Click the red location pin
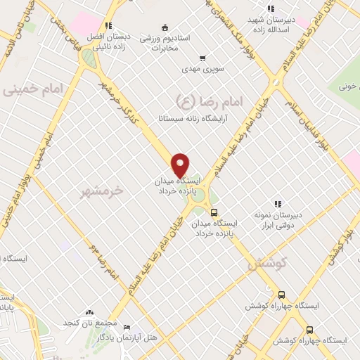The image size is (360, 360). [x=181, y=164]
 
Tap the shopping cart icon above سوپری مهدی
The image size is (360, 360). [x=202, y=58]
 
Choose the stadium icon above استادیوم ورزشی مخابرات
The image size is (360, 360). [x=165, y=28]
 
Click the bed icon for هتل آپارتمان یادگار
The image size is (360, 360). [x=127, y=328]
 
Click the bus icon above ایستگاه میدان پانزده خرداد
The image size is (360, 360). [x=214, y=212]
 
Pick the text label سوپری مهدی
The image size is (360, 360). [x=199, y=70]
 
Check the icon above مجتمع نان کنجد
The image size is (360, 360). [x=89, y=311]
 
